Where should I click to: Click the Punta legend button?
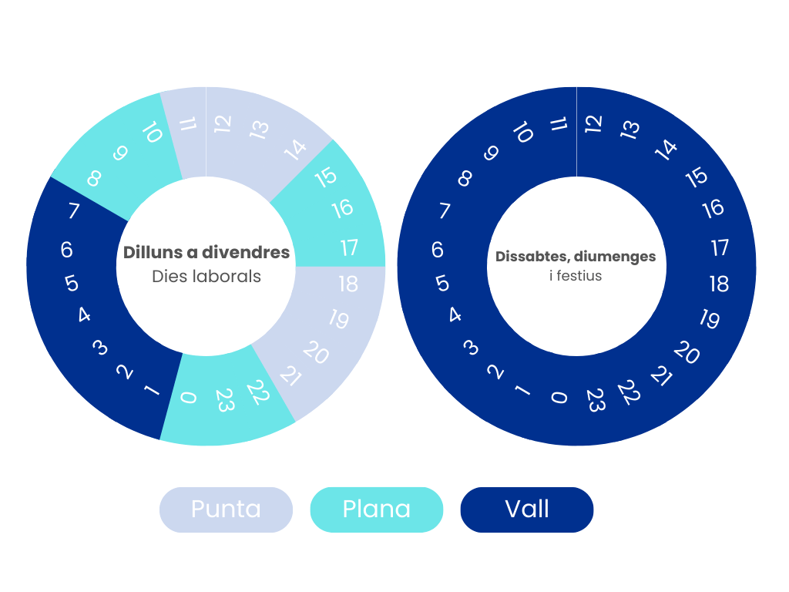(x=226, y=510)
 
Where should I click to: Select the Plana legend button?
(x=376, y=510)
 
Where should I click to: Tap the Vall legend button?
(x=527, y=510)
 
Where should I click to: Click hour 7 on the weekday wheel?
(x=74, y=210)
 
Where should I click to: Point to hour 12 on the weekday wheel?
(x=223, y=124)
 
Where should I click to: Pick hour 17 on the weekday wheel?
(x=349, y=247)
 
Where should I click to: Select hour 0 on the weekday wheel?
(x=188, y=398)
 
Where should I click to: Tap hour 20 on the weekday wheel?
(x=315, y=351)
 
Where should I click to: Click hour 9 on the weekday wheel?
(x=119, y=153)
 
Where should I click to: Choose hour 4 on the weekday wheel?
(x=84, y=315)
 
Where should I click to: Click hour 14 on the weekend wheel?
(x=665, y=150)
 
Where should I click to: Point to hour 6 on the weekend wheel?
(x=438, y=250)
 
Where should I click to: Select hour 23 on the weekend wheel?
(x=596, y=400)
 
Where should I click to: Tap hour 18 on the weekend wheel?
(x=719, y=284)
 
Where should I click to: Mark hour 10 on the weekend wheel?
(x=523, y=132)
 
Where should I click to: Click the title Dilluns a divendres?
(x=206, y=252)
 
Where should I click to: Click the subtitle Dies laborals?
(x=206, y=277)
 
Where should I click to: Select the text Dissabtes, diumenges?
(x=576, y=257)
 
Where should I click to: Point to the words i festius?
(x=576, y=276)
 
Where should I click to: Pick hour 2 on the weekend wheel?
(x=495, y=372)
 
